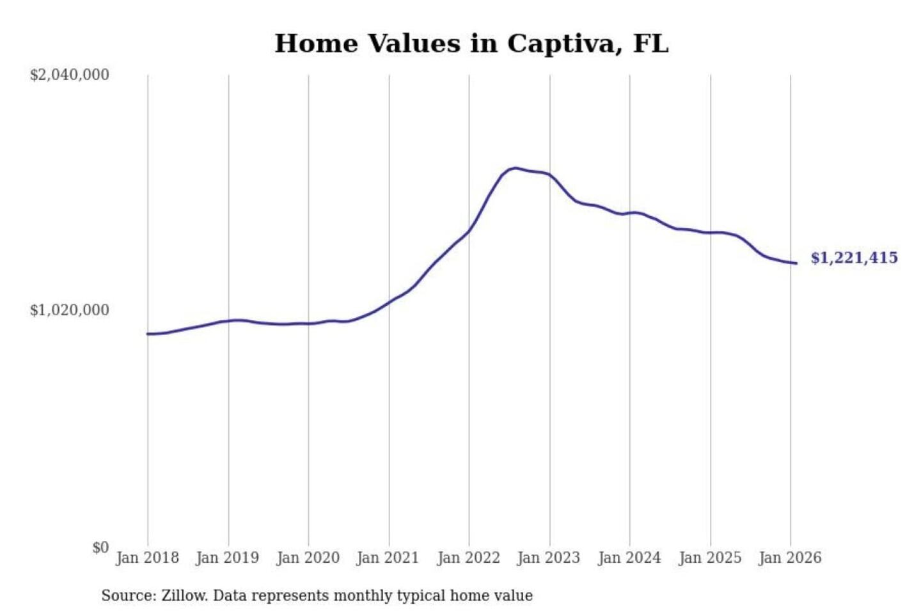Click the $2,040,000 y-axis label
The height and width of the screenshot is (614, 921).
(x=70, y=75)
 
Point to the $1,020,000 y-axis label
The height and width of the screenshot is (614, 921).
(x=70, y=310)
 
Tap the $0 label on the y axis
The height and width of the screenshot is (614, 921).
(x=100, y=547)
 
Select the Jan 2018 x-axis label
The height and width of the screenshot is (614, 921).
(x=147, y=558)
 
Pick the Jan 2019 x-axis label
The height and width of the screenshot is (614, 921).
(x=228, y=558)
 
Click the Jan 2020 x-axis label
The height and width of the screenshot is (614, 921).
(x=308, y=558)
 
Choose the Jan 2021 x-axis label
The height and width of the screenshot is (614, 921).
(x=388, y=558)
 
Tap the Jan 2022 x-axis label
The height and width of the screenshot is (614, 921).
(x=468, y=558)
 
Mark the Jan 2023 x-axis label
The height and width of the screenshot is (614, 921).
(x=548, y=558)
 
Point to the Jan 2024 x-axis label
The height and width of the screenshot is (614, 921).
(x=629, y=558)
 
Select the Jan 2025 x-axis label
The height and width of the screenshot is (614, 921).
(x=709, y=558)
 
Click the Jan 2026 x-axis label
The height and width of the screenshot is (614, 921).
(x=789, y=558)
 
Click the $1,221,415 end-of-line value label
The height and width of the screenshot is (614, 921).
(x=854, y=258)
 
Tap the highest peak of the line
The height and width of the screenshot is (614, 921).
(x=516, y=168)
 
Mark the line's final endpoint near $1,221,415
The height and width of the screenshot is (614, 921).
(x=796, y=263)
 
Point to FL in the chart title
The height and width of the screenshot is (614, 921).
(x=650, y=43)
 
